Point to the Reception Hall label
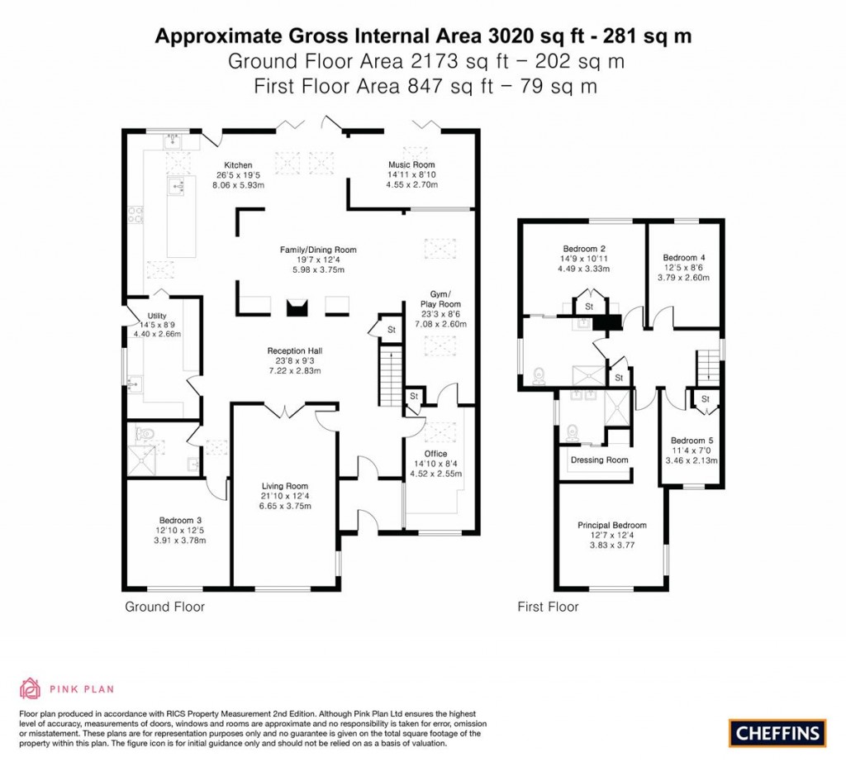point(293,350)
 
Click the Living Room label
point(285,486)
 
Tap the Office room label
point(435,454)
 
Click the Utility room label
point(157,316)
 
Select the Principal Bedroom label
point(612,525)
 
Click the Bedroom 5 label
point(693,441)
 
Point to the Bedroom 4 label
point(684,257)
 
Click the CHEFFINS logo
point(777,732)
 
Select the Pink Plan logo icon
point(31,688)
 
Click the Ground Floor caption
point(164,607)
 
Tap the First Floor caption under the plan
point(548,607)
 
